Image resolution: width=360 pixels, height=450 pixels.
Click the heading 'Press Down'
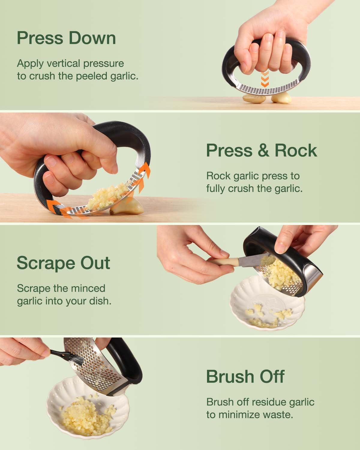[x=66, y=38]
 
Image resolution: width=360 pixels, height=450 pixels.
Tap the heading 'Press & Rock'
[x=261, y=150]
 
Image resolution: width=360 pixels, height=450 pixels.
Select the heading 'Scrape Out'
[x=63, y=263]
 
